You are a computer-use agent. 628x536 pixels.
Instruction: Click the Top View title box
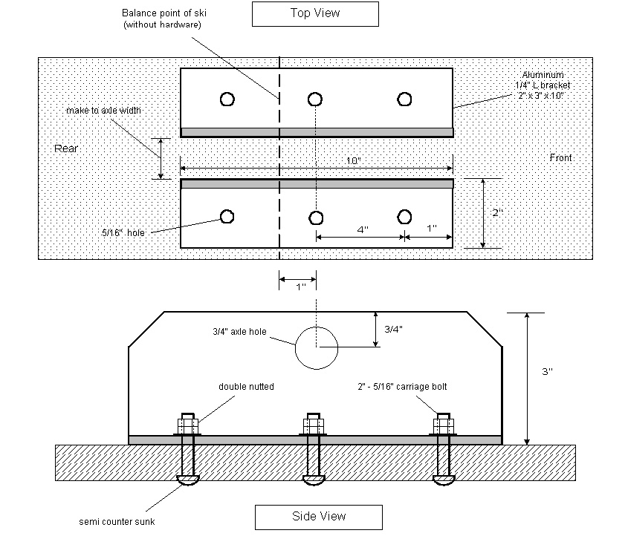pos(315,13)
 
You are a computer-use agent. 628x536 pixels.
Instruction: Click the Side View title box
pos(318,516)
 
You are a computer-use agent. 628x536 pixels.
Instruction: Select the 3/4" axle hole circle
pos(316,347)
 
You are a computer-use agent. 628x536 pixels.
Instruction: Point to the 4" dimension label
pos(363,229)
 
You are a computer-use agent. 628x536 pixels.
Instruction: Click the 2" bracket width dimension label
pos(497,213)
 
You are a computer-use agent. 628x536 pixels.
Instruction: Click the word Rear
pos(66,148)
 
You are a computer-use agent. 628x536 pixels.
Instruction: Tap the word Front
pos(562,157)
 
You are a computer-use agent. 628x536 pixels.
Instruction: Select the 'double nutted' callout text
pos(246,387)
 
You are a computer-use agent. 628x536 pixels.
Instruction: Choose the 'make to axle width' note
pos(103,111)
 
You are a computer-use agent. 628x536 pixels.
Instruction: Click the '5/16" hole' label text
pos(124,232)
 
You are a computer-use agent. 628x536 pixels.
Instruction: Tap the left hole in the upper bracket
pos(227,99)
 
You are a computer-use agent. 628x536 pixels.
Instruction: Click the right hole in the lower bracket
pos(404,217)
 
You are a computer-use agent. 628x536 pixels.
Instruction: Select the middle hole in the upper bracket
pos(315,99)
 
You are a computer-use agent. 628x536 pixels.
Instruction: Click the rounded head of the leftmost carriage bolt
pos(186,481)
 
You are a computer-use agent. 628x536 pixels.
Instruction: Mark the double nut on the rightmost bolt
pos(444,426)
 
